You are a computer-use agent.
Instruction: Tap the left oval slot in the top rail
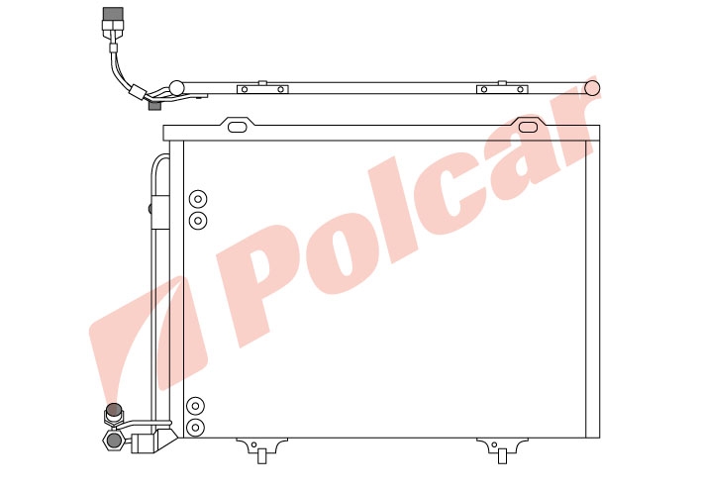coord(238,127)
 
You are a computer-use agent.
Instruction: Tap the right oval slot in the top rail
coord(528,127)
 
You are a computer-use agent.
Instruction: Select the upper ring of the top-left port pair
coord(198,199)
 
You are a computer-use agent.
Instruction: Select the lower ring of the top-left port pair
coord(198,221)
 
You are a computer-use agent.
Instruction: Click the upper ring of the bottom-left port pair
coord(195,406)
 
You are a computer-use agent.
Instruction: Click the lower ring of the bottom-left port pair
coord(195,428)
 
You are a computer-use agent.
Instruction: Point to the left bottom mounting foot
coord(262,448)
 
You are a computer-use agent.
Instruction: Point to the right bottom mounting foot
coord(502,448)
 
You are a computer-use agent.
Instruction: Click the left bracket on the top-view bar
coord(262,89)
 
